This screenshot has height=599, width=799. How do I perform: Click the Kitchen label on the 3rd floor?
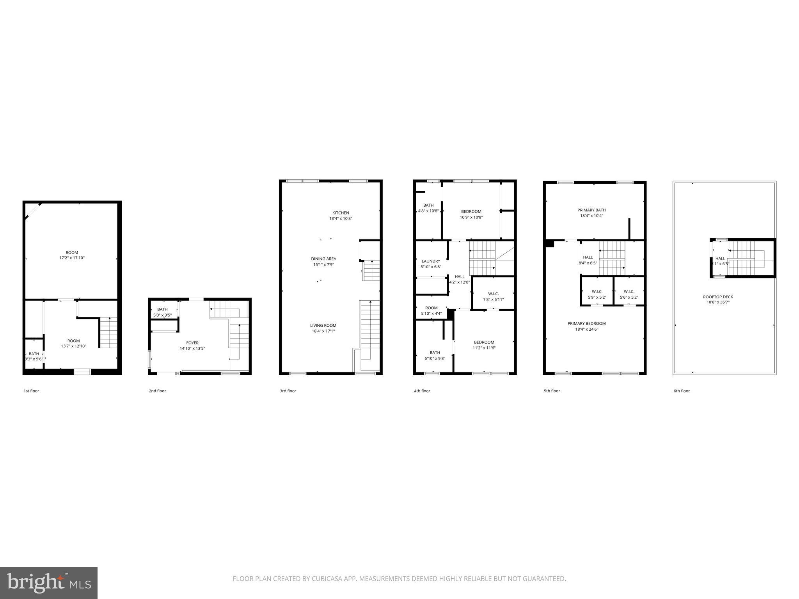pos(341,213)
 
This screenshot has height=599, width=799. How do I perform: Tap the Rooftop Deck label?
pos(718,297)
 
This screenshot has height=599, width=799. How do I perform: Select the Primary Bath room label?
pos(591,210)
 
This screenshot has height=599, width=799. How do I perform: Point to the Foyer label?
pos(192,343)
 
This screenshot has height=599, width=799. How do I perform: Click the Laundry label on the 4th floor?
pos(431,261)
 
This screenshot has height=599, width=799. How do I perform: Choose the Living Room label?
pos(323,326)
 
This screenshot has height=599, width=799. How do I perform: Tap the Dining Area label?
pos(323,259)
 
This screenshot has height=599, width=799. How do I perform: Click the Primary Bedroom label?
pos(586,324)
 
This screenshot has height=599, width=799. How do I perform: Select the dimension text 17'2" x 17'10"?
pos(72,258)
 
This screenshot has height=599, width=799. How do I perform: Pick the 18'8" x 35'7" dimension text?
pos(718,302)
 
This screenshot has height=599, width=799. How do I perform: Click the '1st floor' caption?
pos(31,391)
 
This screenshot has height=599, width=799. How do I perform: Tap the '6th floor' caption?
pos(682,391)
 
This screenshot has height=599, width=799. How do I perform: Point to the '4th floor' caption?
pos(422,391)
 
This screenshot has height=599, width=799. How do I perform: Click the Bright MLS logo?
pos(49,583)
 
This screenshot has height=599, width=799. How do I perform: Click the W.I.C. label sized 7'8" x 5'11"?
pos(493,294)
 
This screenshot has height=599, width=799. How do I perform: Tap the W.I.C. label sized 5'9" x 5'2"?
pos(597,292)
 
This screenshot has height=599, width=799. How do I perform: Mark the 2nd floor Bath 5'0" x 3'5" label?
pos(162,310)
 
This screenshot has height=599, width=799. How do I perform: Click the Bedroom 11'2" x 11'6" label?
pos(484,342)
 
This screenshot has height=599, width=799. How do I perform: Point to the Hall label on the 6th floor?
pos(720,259)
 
